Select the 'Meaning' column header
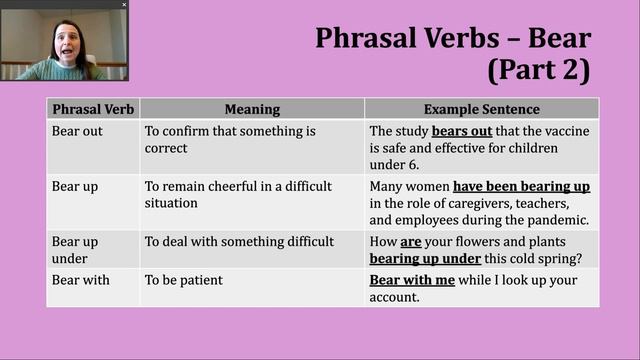coord(252,109)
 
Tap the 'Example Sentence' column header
coord(481,109)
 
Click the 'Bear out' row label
coord(77,131)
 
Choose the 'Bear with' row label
coord(81,280)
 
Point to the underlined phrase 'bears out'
coord(461,131)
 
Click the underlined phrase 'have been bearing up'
coord(521,186)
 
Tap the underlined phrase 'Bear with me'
coord(412,280)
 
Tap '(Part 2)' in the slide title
coord(539,71)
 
